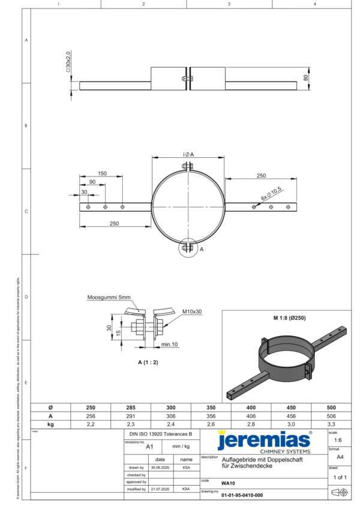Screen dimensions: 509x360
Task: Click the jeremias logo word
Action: pos(264,440)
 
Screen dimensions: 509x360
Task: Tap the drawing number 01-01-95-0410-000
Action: pos(242,495)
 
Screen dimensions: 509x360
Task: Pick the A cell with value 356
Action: pos(210,415)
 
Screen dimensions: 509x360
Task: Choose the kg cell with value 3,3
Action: pos(330,424)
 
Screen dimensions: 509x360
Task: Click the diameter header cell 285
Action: pos(131,407)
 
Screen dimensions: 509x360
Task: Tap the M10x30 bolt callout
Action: pos(192,312)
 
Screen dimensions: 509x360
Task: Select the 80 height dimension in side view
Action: pos(305,78)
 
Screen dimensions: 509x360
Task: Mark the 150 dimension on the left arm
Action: pos(102,173)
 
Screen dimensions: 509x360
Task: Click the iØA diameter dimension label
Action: pos(188,155)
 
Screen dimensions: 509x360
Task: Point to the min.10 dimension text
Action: pos(170,345)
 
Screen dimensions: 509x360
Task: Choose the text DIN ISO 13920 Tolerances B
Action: pos(160,433)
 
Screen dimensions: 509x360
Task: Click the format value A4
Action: pos(340,457)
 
